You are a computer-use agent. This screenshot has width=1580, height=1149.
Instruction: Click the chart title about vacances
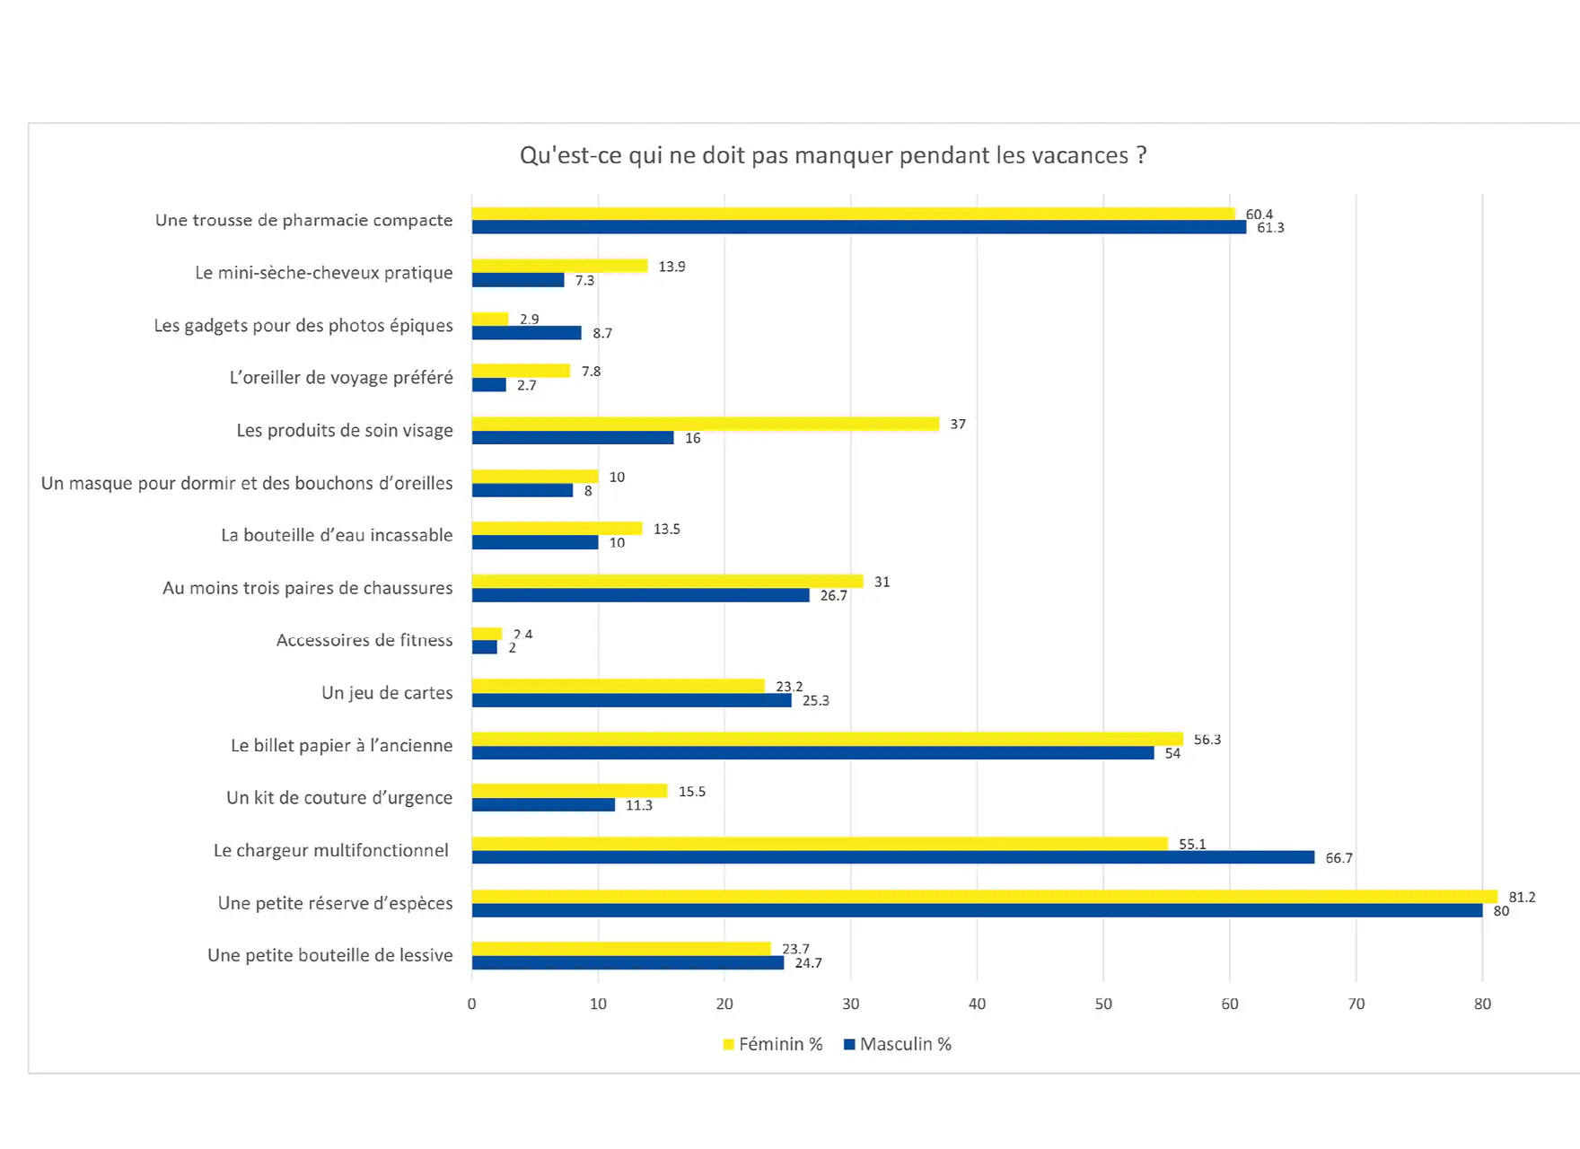point(833,155)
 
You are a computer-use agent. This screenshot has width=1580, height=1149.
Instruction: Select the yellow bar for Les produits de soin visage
point(706,424)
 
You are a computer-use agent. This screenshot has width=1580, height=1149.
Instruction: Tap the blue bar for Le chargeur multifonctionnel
point(893,857)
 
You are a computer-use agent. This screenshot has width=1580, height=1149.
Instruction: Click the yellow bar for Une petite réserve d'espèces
point(984,896)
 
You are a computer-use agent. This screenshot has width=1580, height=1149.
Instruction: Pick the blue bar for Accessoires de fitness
point(485,647)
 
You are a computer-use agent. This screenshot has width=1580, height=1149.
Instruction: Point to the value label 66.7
point(1339,858)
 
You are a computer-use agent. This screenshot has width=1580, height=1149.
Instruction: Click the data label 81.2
point(1522,897)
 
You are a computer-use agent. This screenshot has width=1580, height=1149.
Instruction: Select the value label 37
point(958,424)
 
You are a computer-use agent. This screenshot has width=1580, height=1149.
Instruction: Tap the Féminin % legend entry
point(773,1044)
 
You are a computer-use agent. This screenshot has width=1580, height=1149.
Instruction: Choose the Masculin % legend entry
point(898,1044)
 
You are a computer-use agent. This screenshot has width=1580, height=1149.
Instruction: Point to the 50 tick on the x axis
point(1103,1004)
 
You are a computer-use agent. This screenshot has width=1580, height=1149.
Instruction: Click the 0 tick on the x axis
point(472,1004)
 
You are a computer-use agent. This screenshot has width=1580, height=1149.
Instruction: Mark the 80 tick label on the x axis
point(1482,1004)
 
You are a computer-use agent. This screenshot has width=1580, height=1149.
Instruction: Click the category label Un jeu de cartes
point(387,693)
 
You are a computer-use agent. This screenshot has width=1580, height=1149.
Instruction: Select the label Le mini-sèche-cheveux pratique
point(324,273)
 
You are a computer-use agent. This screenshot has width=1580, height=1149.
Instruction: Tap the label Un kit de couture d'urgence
point(339,798)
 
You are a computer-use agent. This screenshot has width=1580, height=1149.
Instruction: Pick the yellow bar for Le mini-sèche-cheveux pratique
point(559,266)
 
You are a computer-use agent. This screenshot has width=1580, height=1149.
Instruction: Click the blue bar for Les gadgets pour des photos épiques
point(526,333)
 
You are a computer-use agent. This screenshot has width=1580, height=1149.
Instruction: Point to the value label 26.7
point(833,596)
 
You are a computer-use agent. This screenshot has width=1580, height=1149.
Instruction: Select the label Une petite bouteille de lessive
point(330,955)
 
